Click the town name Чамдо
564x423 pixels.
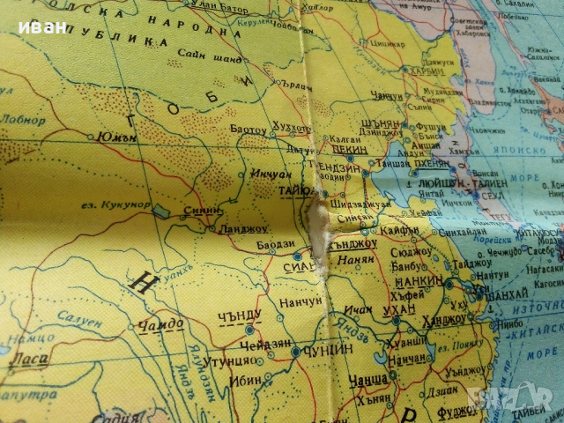pos(165,324)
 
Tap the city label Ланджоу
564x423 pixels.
pos(241,229)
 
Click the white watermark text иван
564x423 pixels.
pos(41,26)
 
